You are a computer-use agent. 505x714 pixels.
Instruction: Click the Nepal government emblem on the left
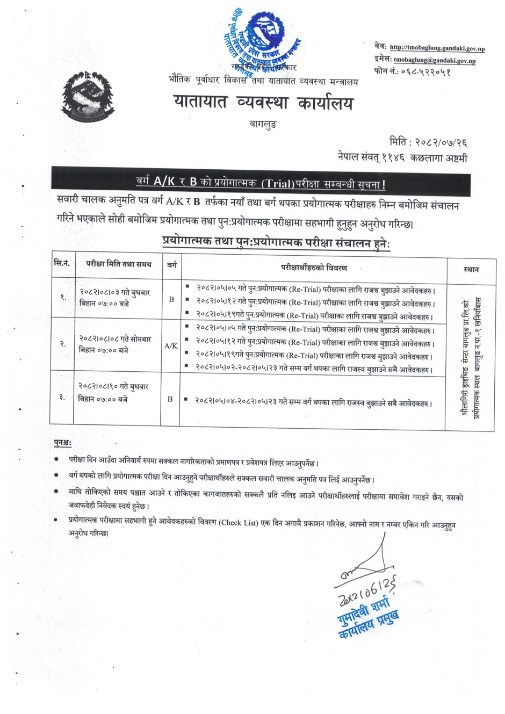[88, 97]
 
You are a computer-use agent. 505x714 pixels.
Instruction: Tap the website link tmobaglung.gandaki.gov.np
[437, 48]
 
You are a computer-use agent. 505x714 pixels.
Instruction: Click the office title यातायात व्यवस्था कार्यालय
[263, 102]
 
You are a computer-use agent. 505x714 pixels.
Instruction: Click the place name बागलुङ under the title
[263, 124]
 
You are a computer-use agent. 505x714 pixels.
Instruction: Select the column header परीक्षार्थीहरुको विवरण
[314, 268]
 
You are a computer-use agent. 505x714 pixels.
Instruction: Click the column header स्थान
[471, 270]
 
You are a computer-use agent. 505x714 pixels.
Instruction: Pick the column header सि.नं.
[62, 263]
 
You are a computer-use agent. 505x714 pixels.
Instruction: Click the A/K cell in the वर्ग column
[171, 346]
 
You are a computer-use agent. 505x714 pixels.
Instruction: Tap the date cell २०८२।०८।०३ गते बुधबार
[114, 293]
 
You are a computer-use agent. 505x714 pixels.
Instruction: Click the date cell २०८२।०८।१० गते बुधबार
[113, 386]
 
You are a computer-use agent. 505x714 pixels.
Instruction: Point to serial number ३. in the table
[62, 397]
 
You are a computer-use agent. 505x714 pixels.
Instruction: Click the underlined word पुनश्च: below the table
[63, 443]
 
